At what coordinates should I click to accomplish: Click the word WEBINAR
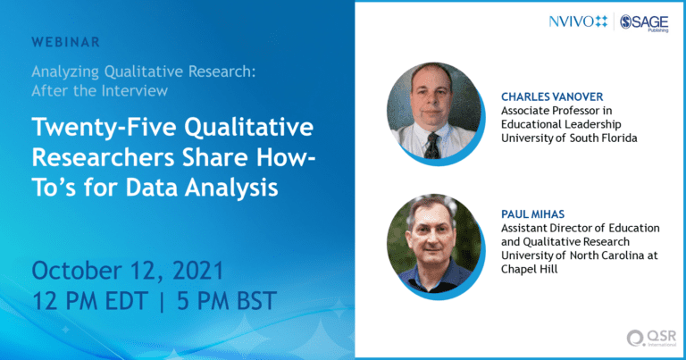pos(65,42)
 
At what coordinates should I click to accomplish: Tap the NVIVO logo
pos(578,21)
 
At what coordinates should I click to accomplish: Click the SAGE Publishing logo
pos(644,22)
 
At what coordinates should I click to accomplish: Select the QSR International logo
pos(651,339)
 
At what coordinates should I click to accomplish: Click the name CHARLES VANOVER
pos(552,96)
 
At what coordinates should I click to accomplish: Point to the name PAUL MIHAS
pos(532,214)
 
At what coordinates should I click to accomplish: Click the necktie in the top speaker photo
pos(432,146)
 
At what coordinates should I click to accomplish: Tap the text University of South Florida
pos(569,138)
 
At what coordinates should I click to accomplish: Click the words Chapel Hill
pos(530,269)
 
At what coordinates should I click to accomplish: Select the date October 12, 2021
pos(128,271)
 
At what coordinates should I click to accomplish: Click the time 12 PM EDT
pos(89,301)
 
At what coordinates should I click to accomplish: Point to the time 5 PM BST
pos(227,301)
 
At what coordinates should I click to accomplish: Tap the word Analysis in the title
pos(231,188)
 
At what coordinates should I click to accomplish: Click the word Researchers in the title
pos(104,157)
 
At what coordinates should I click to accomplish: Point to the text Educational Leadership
pos(561,125)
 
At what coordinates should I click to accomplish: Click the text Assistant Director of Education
pos(580,229)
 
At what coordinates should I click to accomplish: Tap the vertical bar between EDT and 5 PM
pos(163,302)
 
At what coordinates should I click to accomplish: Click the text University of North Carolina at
pos(579,255)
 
